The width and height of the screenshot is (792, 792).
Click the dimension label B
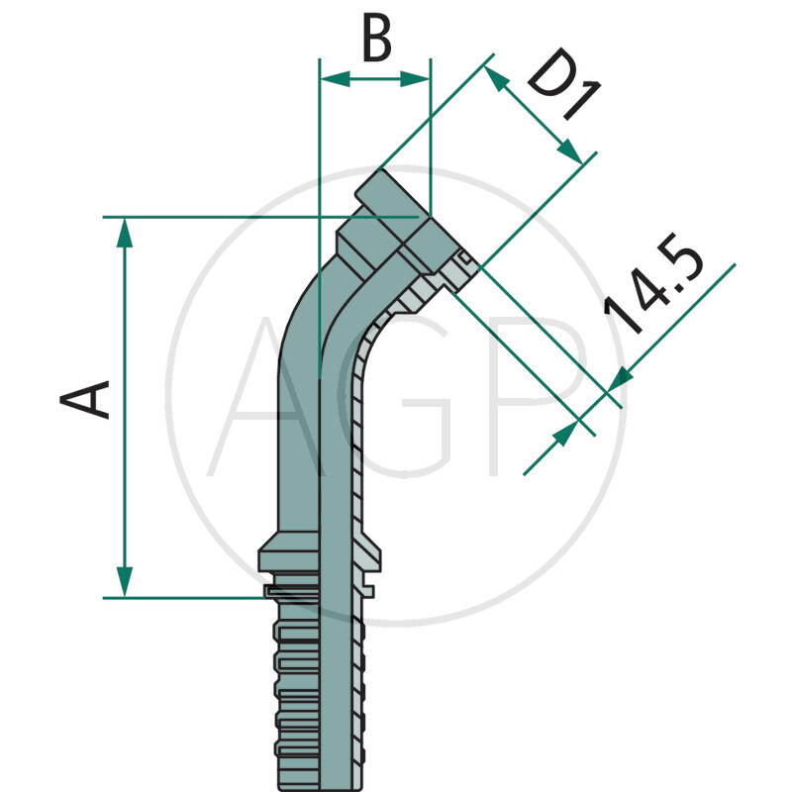click(376, 42)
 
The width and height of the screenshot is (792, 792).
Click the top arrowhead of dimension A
click(125, 231)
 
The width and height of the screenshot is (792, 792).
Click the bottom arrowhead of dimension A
click(125, 583)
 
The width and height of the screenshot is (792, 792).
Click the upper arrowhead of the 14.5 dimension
click(621, 378)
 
